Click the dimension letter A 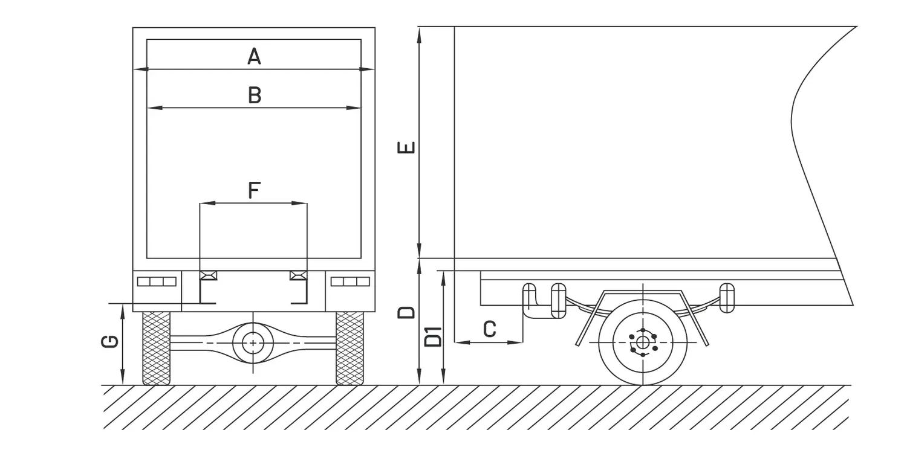pyautogui.click(x=254, y=56)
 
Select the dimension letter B pyautogui.click(x=255, y=95)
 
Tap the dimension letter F pyautogui.click(x=254, y=190)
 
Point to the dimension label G pyautogui.click(x=109, y=342)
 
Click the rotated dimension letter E pyautogui.click(x=406, y=147)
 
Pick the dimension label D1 pyautogui.click(x=433, y=336)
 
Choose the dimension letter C pyautogui.click(x=490, y=329)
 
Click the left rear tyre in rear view pyautogui.click(x=156, y=349)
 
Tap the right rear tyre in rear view pyautogui.click(x=350, y=349)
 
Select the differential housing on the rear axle pyautogui.click(x=253, y=343)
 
